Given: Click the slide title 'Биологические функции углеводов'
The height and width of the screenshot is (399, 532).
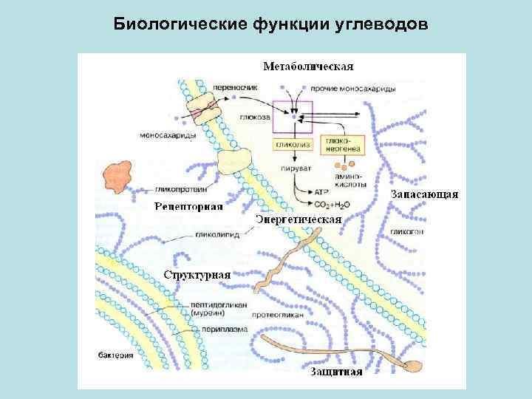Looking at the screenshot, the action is (270, 25).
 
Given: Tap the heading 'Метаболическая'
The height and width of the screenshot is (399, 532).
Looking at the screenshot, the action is (309, 66).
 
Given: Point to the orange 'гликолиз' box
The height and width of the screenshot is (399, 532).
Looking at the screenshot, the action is (293, 146).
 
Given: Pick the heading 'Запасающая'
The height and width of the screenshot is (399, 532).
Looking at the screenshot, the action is (425, 194).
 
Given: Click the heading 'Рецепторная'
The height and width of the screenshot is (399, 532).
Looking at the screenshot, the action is (188, 206).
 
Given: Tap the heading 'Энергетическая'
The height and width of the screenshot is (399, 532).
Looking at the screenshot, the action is (299, 219).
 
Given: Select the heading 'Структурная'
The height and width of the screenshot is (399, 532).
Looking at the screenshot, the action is (197, 274).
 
